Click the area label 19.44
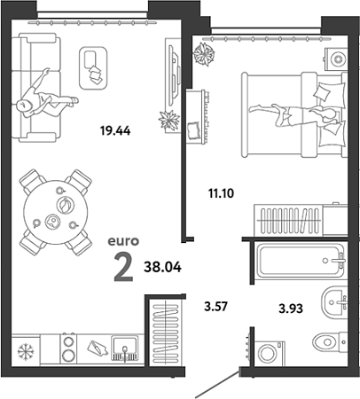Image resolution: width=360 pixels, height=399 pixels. [115, 130]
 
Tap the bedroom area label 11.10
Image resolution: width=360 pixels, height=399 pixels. [221, 193]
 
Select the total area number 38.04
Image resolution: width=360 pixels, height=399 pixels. [162, 267]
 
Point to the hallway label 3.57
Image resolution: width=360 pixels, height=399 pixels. [215, 306]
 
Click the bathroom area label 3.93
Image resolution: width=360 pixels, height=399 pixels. [291, 309]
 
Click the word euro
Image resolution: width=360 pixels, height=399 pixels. [123, 241]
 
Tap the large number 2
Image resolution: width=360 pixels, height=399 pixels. [123, 268]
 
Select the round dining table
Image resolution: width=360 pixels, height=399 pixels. [56, 212]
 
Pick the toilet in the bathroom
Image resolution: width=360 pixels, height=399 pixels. [330, 341]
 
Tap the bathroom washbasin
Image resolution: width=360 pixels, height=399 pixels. [334, 302]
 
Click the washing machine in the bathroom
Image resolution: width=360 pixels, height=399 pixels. [270, 354]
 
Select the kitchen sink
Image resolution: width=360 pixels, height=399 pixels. [124, 348]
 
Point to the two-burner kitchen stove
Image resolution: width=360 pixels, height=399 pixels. [68, 348]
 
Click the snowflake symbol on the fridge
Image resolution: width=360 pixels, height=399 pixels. [26, 351]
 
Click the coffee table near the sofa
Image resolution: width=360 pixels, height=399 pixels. [93, 68]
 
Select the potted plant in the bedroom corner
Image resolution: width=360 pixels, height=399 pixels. [204, 54]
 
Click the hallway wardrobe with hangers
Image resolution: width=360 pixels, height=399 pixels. [165, 332]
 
